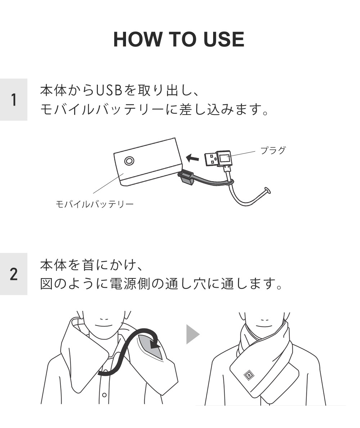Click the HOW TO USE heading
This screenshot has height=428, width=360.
(x=179, y=39)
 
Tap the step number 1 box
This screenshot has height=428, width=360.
(x=14, y=100)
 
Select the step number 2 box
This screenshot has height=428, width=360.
(x=14, y=274)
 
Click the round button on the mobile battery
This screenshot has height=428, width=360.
(x=129, y=161)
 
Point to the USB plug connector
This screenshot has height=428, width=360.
(x=218, y=159)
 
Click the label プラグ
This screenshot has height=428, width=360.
(x=273, y=150)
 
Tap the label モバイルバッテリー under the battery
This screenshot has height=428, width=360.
(x=95, y=204)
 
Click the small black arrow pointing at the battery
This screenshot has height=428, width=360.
(x=193, y=157)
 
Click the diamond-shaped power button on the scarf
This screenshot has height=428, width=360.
(x=248, y=375)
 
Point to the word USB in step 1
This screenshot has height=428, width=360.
(x=109, y=91)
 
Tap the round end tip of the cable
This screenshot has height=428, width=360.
(x=267, y=190)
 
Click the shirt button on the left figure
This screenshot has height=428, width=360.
(x=104, y=395)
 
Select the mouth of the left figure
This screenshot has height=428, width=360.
(x=104, y=326)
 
